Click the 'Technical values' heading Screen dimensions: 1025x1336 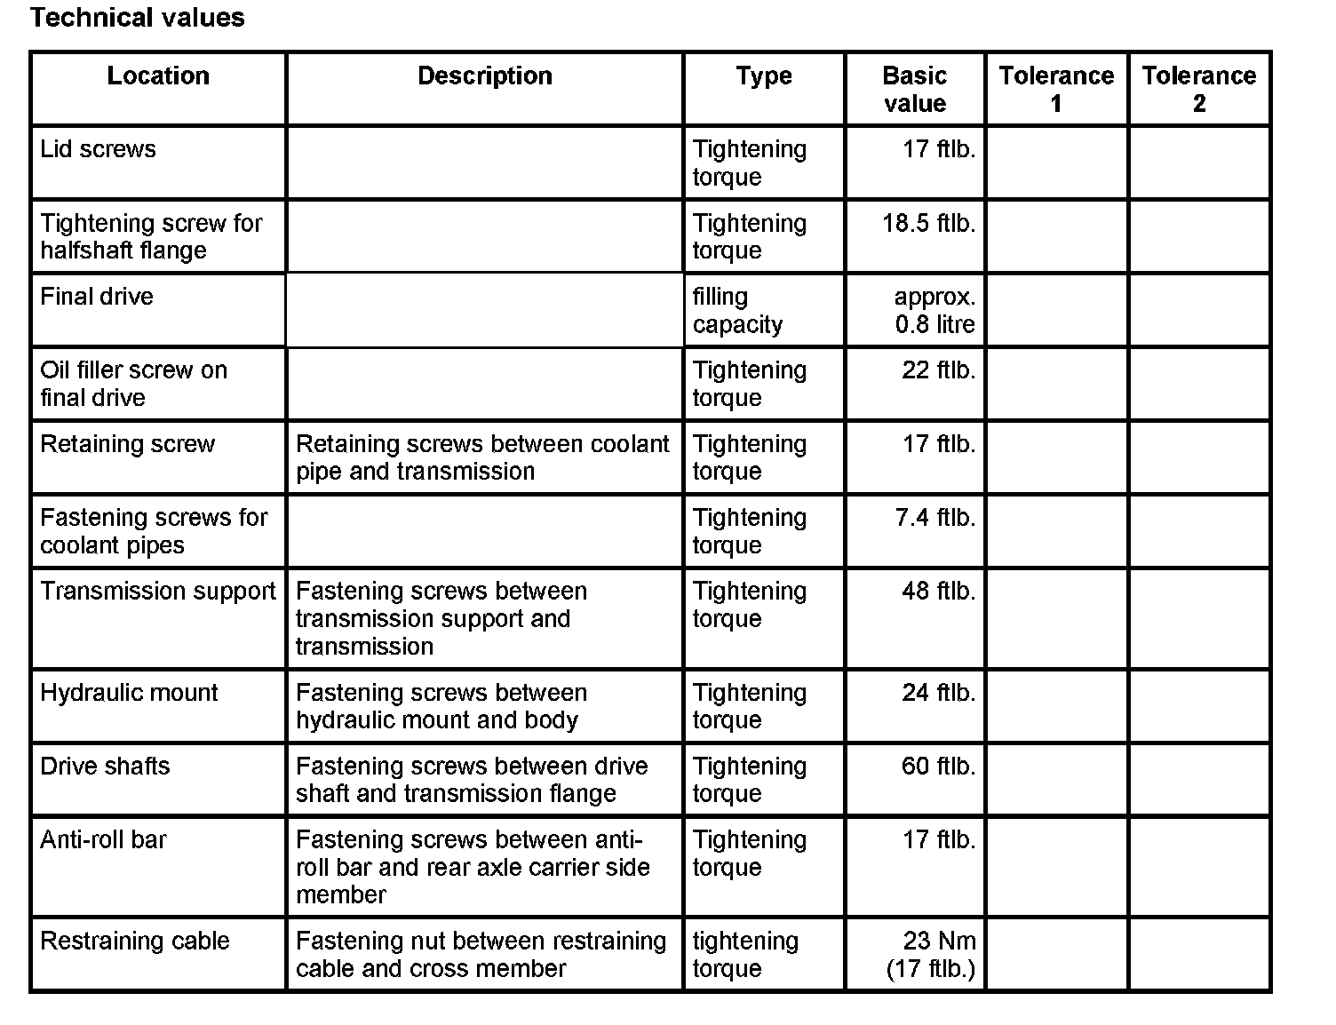pyautogui.click(x=137, y=18)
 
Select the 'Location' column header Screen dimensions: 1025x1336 pyautogui.click(x=158, y=76)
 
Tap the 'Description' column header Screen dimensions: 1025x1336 pyautogui.click(x=485, y=76)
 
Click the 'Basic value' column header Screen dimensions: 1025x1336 pyautogui.click(x=915, y=90)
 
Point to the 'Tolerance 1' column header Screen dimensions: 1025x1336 pyautogui.click(x=1056, y=90)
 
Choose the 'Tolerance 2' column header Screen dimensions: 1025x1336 pyautogui.click(x=1199, y=90)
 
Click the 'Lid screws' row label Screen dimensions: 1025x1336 pyautogui.click(x=98, y=149)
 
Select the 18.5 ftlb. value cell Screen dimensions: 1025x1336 pyautogui.click(x=928, y=223)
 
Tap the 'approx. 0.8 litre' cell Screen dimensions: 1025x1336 pyautogui.click(x=934, y=310)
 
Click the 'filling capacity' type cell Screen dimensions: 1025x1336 pyautogui.click(x=737, y=310)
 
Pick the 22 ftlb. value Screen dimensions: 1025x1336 pyautogui.click(x=938, y=370)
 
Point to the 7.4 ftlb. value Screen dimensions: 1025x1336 pyautogui.click(x=934, y=518)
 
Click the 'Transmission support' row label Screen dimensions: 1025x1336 pyautogui.click(x=158, y=592)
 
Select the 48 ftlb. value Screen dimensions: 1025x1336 pyautogui.click(x=938, y=592)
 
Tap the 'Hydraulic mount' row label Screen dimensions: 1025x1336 pyautogui.click(x=129, y=693)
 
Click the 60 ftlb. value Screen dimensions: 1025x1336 pyautogui.click(x=938, y=767)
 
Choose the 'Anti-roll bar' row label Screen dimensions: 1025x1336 pyautogui.click(x=103, y=840)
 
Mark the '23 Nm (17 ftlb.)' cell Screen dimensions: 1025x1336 pyautogui.click(x=931, y=955)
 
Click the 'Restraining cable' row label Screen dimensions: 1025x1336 pyautogui.click(x=135, y=942)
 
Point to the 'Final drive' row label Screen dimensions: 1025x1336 pyautogui.click(x=97, y=297)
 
